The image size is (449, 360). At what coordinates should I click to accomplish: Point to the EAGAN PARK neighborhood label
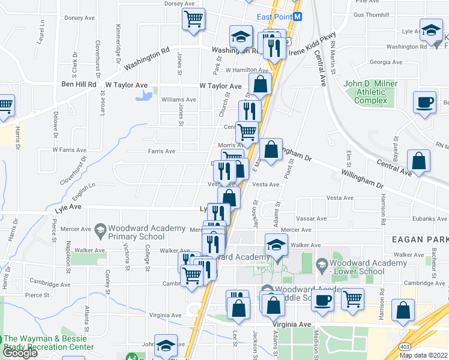(x=424, y=239)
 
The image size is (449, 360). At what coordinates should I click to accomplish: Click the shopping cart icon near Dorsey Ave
(x=193, y=20)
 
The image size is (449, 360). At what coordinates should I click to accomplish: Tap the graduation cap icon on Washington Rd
(x=240, y=37)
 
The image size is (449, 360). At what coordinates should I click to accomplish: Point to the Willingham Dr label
(x=361, y=178)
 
